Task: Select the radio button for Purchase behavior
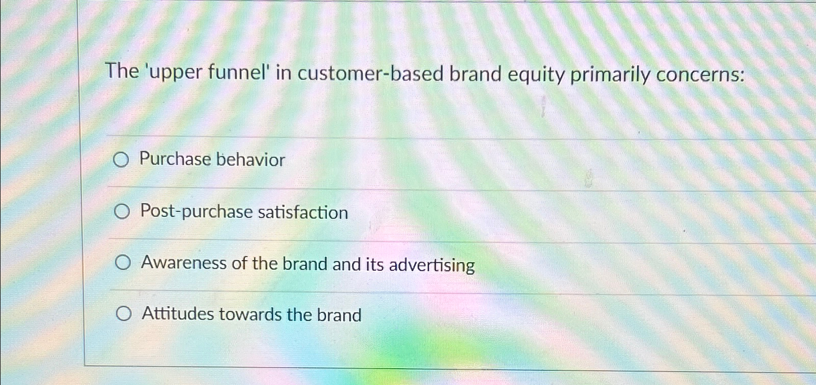click(x=120, y=160)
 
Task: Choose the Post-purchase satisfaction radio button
click(x=121, y=211)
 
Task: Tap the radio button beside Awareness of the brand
click(x=122, y=263)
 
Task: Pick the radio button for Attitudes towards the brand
click(x=123, y=314)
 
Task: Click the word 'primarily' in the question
click(x=610, y=75)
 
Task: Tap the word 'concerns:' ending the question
click(x=701, y=75)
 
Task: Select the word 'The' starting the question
click(x=122, y=71)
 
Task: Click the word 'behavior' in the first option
click(x=250, y=160)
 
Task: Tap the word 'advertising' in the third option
click(x=431, y=265)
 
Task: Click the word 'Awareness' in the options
click(x=184, y=263)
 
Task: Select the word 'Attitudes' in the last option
click(x=178, y=314)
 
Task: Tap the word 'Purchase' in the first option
click(x=175, y=159)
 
